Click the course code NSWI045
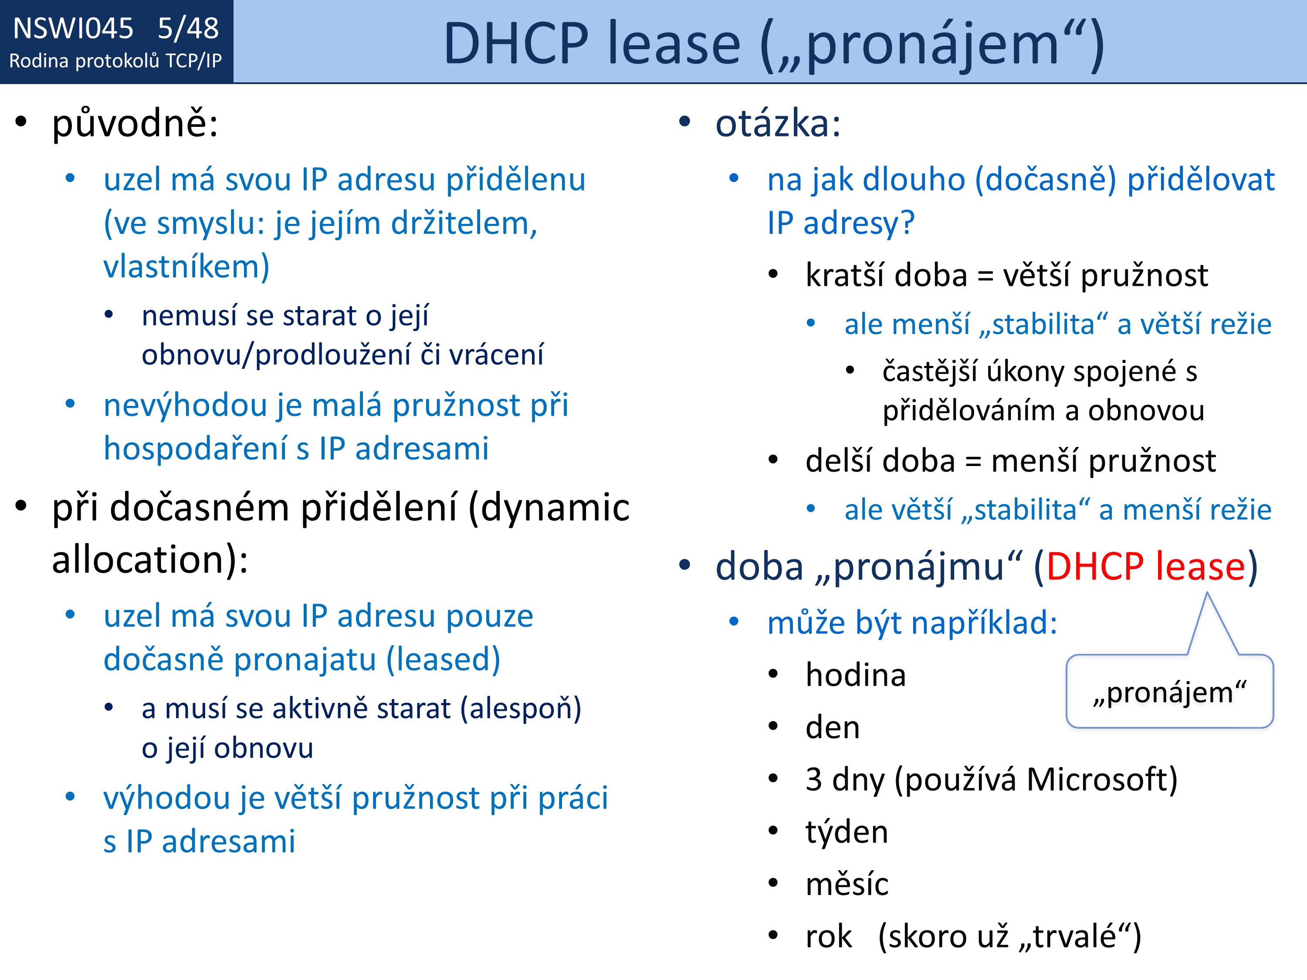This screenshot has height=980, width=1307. coord(73,28)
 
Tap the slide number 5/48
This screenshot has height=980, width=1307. coord(188,28)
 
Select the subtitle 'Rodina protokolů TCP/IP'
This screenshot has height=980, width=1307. coord(116,61)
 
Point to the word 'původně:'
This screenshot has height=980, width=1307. coord(135,124)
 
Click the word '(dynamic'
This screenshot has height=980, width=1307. coord(549,508)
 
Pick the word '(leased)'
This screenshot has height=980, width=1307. coord(443,659)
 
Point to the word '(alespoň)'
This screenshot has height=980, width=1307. coord(521,709)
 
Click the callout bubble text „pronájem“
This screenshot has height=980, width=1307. coord(1170,693)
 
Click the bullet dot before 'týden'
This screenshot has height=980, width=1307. coord(773,831)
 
